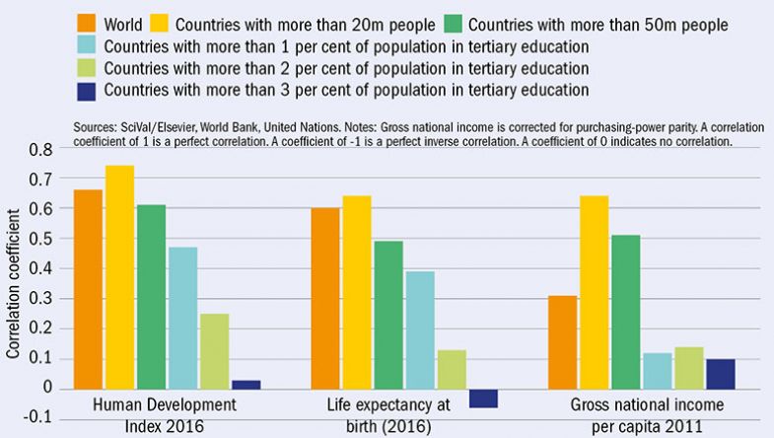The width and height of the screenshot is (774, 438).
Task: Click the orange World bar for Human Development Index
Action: [x=88, y=288]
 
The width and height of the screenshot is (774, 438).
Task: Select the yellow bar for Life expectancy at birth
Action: [x=356, y=291]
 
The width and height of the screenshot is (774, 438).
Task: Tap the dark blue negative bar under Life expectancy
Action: [x=483, y=398]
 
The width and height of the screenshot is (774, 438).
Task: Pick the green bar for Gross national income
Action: [x=625, y=311]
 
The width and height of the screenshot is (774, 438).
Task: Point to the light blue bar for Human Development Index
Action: [x=182, y=317]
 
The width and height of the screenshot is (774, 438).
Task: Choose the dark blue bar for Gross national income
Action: [x=721, y=373]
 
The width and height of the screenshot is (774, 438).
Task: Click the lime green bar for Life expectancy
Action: [x=452, y=368]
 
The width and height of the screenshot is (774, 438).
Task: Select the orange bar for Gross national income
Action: [x=561, y=341]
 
